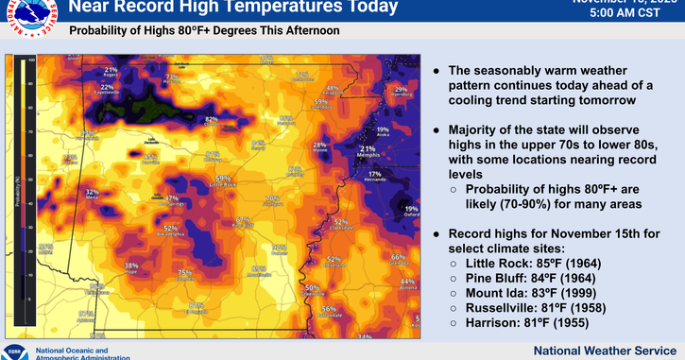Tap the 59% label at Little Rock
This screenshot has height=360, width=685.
coord(223,179)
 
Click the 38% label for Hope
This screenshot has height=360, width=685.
coord(131,266)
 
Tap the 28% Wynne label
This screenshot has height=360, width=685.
coord(319,145)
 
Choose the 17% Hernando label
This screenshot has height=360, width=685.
coord(375,174)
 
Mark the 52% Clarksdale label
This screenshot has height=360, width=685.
coord(340,223)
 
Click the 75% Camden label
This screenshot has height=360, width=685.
coord(186,273)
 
